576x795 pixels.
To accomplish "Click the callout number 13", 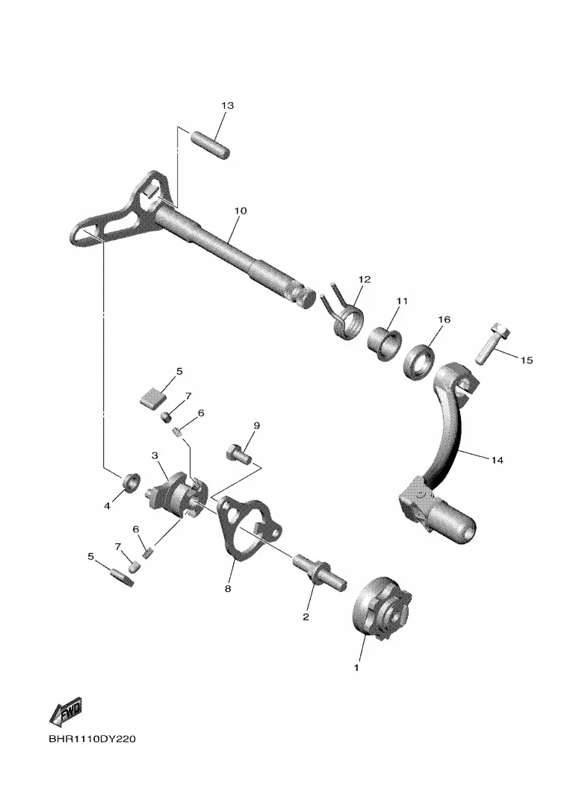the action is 227,105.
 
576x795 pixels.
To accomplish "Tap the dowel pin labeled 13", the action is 210,145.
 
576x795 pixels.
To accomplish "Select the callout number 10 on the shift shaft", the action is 240,211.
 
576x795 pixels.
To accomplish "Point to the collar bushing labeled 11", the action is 384,344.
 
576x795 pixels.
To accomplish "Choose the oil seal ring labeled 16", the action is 419,362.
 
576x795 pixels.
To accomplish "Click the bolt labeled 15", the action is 492,344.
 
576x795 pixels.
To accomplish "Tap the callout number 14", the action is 498,461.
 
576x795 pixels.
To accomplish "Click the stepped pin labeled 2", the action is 320,572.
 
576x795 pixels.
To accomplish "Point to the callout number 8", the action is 228,589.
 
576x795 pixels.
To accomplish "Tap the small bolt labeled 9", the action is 238,454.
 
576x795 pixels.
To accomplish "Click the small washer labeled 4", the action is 131,482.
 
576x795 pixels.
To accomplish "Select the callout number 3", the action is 155,456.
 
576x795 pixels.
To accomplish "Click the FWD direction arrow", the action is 66,712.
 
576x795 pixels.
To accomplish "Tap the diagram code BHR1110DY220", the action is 93,739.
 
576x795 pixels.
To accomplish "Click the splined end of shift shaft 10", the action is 303,296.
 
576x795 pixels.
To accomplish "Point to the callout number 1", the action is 356,667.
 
